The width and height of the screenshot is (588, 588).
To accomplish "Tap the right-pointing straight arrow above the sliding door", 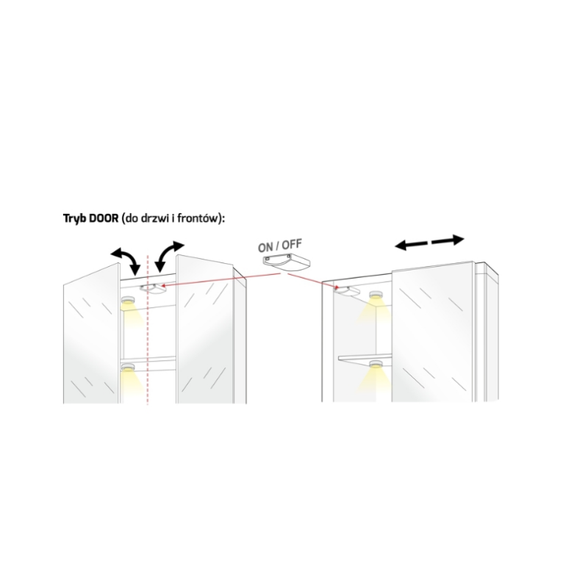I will pyautogui.click(x=450, y=240).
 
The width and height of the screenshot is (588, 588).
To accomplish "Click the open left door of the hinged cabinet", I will pyautogui.click(x=90, y=338).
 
